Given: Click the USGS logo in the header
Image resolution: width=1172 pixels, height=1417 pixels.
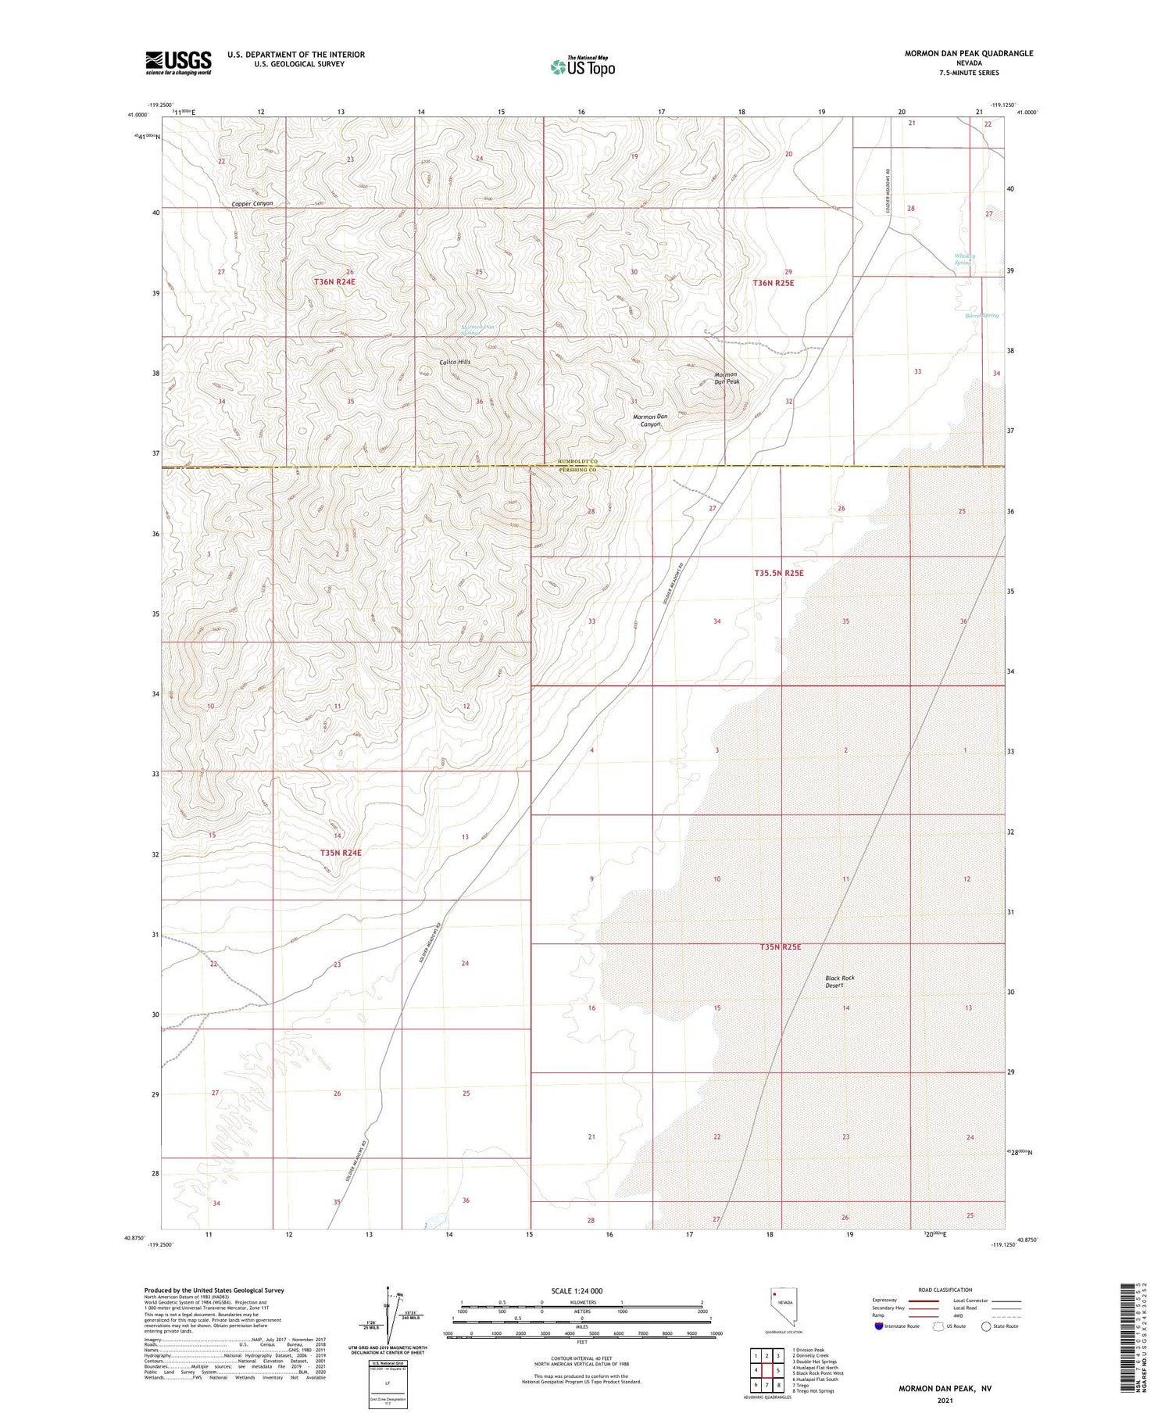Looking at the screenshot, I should (x=178, y=63).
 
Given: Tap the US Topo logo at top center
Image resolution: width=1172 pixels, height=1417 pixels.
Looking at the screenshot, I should (x=582, y=66).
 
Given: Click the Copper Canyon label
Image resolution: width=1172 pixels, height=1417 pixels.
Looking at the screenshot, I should (x=252, y=203).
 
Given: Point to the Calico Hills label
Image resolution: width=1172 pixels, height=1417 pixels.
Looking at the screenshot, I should (x=455, y=362).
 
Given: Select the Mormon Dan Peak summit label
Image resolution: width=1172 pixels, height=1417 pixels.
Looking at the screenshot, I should (x=727, y=378).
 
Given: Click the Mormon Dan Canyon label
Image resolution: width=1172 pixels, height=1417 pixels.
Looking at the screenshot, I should (x=650, y=420).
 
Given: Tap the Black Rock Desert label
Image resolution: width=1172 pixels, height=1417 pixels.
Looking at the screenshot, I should (x=840, y=982).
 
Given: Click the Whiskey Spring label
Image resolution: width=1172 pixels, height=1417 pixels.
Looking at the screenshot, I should (x=964, y=259).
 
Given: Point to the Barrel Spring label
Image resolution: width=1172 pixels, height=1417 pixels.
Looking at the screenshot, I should (x=981, y=315).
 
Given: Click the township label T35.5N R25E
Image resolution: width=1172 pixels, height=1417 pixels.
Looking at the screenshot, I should (x=778, y=573).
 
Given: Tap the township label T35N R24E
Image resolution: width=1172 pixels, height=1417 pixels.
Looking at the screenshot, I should (x=341, y=853).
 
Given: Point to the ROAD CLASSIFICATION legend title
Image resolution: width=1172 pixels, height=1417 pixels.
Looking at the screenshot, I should (x=945, y=1290).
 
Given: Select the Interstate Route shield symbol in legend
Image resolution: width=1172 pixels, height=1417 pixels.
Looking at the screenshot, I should (x=879, y=1326).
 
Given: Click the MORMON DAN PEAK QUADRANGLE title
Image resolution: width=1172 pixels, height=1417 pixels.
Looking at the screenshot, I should (x=968, y=53).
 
